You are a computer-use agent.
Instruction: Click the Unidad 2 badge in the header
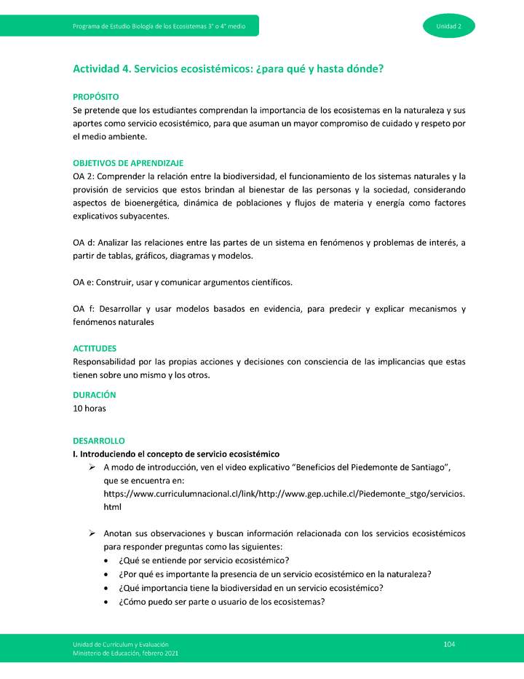448,26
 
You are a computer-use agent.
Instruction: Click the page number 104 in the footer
449,644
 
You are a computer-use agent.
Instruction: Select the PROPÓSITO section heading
95,97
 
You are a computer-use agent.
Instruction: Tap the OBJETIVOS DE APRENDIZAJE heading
127,163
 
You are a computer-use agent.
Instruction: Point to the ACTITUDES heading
95,349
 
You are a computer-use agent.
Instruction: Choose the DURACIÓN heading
95,395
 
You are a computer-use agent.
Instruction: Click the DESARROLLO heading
99,441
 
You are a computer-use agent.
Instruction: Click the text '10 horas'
90,408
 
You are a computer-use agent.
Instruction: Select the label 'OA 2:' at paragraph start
84,176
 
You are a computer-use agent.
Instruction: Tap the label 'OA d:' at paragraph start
84,243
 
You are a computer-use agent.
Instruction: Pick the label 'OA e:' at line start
84,283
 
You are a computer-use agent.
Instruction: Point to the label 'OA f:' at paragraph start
84,309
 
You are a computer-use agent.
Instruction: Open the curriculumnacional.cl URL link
284,494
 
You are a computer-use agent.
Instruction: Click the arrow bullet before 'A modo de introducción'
92,467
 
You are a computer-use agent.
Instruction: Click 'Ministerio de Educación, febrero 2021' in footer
125,653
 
